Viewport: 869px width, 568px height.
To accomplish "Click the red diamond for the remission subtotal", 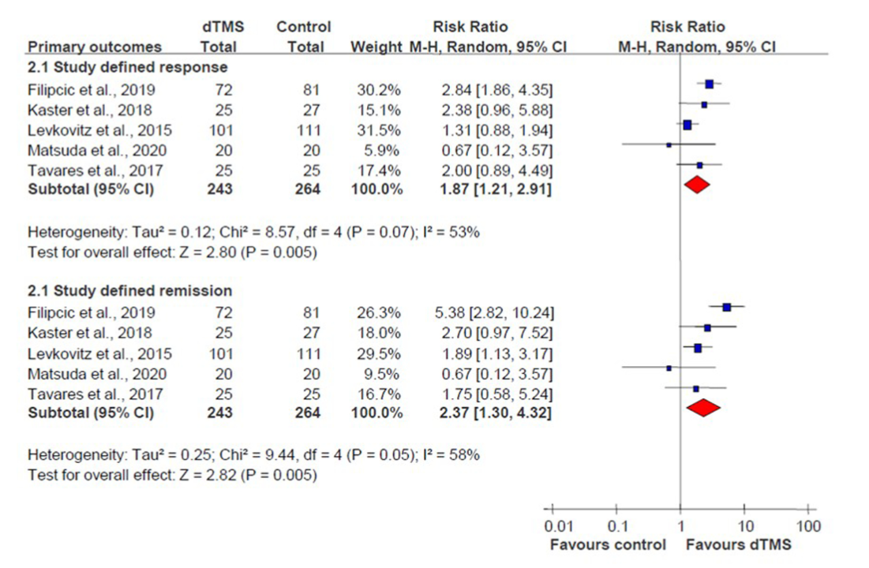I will tap(704, 407).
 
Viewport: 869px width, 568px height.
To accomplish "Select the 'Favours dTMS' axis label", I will tap(740, 544).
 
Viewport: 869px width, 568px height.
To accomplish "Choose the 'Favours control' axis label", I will tap(608, 544).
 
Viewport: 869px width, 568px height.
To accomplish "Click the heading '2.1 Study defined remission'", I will tap(130, 290).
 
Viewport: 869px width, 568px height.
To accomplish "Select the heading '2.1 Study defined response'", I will tap(128, 67).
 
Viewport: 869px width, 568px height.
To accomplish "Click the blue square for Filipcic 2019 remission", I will tap(726, 308).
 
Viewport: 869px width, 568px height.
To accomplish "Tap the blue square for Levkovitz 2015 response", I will tap(687, 125).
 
